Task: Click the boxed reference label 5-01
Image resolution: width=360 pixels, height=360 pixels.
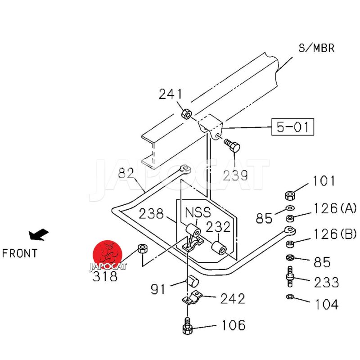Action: click(x=293, y=127)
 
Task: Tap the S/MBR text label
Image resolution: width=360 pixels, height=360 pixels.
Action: click(x=316, y=48)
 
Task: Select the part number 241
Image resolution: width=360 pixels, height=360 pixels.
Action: click(x=171, y=94)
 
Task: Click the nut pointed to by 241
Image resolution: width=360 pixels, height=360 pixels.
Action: click(x=187, y=113)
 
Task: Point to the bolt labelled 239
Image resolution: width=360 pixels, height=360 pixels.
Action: click(x=232, y=145)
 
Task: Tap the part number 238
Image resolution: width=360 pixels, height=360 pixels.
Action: click(x=151, y=213)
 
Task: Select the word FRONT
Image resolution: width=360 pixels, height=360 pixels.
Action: click(x=20, y=253)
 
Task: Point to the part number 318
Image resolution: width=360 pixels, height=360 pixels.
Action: click(x=105, y=276)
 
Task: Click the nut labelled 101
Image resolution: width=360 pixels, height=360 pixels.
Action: click(x=290, y=195)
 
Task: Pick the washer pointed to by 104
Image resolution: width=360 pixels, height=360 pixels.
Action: click(x=290, y=297)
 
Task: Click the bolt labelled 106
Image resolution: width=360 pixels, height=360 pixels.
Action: click(x=187, y=326)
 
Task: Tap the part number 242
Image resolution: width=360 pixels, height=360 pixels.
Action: click(x=233, y=298)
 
